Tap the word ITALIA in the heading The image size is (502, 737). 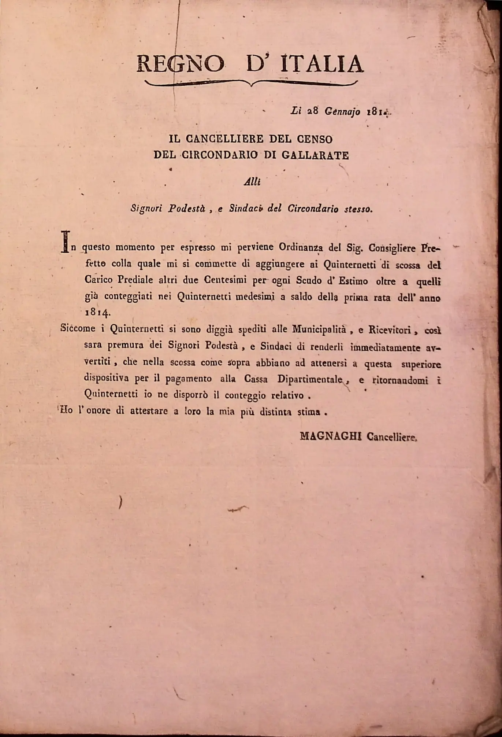tap(322, 64)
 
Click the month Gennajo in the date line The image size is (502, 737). tap(340, 112)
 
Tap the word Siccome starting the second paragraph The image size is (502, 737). tap(78, 329)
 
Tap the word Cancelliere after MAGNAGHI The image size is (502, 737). tap(392, 436)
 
